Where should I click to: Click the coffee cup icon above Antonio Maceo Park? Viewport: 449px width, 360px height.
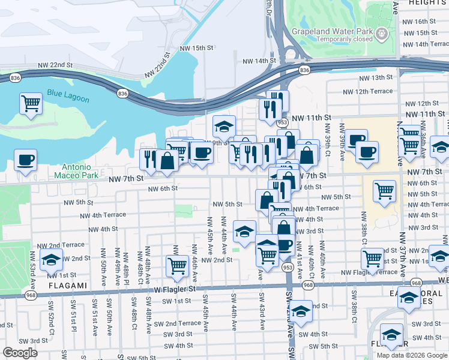click(x=25, y=160)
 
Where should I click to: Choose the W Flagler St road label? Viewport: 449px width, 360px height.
click(x=175, y=289)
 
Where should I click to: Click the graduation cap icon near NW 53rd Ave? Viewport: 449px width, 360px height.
click(x=52, y=259)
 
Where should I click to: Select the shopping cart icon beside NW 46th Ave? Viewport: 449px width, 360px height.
click(x=177, y=265)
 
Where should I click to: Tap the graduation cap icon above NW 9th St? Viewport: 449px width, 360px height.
click(x=224, y=126)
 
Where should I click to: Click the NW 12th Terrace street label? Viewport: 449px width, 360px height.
click(x=367, y=91)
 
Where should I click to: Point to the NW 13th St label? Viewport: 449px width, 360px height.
click(x=376, y=78)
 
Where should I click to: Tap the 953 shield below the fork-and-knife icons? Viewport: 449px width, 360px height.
click(x=282, y=122)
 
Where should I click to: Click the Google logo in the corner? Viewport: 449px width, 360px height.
click(x=20, y=353)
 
